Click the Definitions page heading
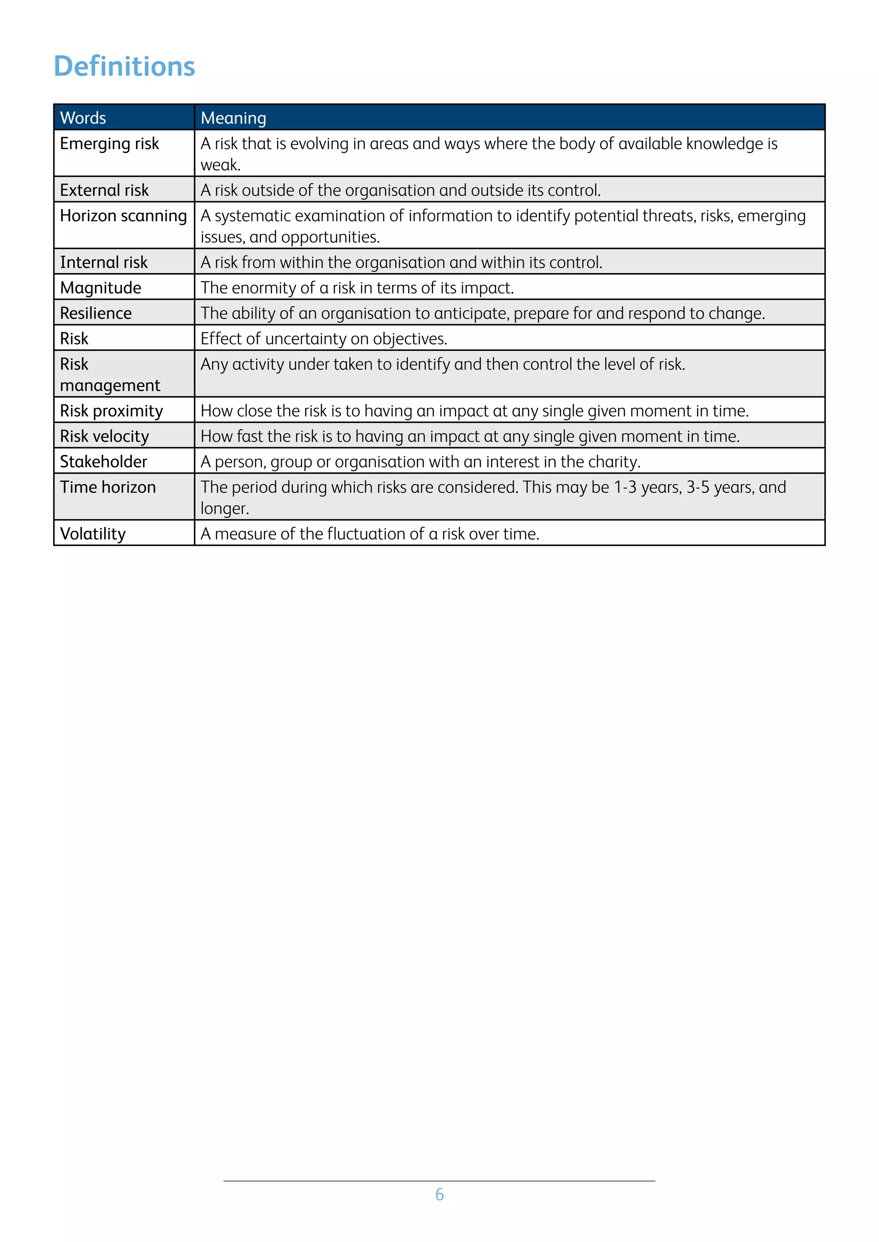(124, 66)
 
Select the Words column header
(83, 118)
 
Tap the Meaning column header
(233, 118)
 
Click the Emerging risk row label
(109, 144)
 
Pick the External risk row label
(104, 190)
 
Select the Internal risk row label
(103, 262)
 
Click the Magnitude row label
(101, 288)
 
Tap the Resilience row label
(96, 313)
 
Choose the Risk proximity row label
(111, 411)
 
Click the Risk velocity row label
(104, 437)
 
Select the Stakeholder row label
(103, 462)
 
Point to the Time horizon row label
(108, 487)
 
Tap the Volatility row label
(93, 534)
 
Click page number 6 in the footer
(439, 1194)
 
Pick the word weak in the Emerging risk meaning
(219, 165)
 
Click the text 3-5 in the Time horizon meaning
(698, 487)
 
